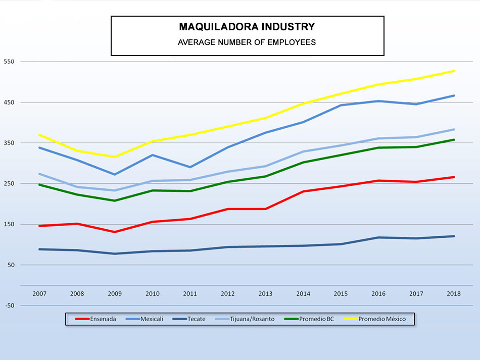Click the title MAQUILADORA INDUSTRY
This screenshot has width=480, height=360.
(x=247, y=27)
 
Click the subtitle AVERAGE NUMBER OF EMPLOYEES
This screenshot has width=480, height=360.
(x=247, y=42)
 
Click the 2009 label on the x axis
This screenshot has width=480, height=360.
(x=115, y=294)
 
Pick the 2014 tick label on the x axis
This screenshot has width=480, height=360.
(x=303, y=294)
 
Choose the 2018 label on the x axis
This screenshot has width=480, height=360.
(x=454, y=294)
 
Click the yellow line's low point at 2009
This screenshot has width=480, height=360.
(x=115, y=157)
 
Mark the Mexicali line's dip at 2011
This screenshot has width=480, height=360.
(x=190, y=167)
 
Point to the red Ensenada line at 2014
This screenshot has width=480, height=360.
(x=303, y=191)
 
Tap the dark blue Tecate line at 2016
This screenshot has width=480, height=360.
(x=378, y=237)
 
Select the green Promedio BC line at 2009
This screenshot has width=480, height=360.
(x=115, y=201)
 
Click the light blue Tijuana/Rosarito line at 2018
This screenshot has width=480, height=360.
(x=454, y=129)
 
